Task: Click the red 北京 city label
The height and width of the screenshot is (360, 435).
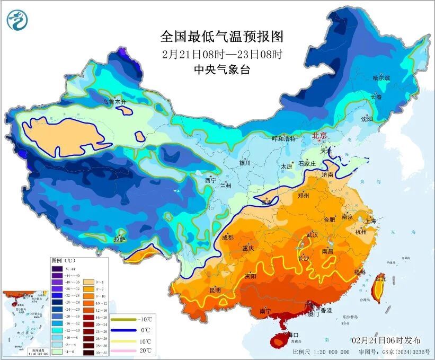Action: [x=320, y=135]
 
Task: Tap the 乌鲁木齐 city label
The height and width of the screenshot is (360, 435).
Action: [x=114, y=101]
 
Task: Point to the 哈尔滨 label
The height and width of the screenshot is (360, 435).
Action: [x=380, y=78]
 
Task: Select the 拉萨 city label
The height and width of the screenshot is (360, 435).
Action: [x=120, y=239]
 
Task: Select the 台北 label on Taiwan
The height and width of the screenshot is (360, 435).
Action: [x=380, y=277]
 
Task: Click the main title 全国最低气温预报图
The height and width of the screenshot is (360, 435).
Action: [x=222, y=37]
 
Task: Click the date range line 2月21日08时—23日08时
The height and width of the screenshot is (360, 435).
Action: [x=222, y=54]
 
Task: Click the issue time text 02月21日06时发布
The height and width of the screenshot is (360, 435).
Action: [x=386, y=340]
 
